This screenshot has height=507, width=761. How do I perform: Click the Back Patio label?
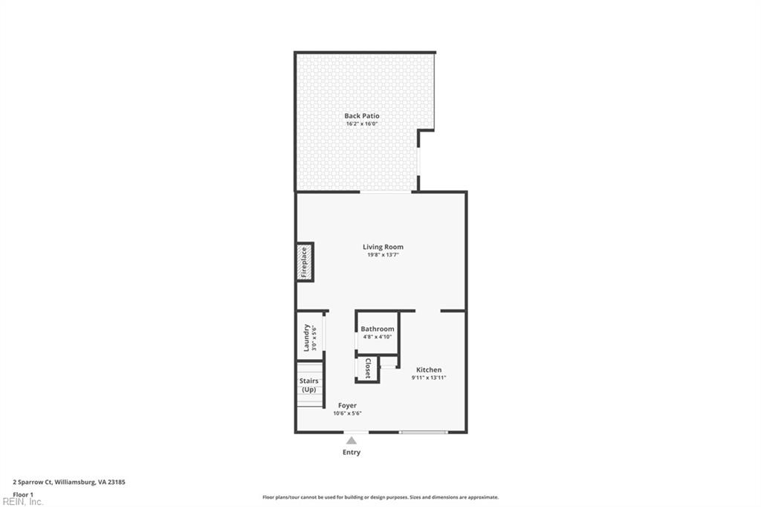tap(362, 116)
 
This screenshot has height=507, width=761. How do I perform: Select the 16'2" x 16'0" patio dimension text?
tap(362, 124)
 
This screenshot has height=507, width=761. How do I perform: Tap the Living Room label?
tap(383, 247)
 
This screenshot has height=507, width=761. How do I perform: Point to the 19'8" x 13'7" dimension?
tap(383, 255)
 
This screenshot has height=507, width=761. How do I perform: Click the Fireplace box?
tap(304, 262)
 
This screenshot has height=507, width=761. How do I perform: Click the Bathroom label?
tap(378, 329)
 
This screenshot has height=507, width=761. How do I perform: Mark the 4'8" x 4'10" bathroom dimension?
tap(378, 337)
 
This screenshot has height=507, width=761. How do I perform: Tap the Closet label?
tap(367, 369)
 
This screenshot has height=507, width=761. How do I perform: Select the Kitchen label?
tap(429, 369)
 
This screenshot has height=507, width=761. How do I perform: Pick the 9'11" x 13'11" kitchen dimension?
tap(429, 378)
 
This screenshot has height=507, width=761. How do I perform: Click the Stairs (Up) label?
tap(308, 385)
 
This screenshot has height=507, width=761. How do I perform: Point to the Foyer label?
tap(347, 405)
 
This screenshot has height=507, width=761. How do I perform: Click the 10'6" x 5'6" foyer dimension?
tap(347, 413)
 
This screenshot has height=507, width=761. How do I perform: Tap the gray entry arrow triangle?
tap(352, 440)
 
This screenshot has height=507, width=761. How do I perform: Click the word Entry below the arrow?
tap(352, 452)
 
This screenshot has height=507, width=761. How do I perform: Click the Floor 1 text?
tap(23, 494)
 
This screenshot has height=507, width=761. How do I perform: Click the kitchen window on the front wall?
tap(424, 432)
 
